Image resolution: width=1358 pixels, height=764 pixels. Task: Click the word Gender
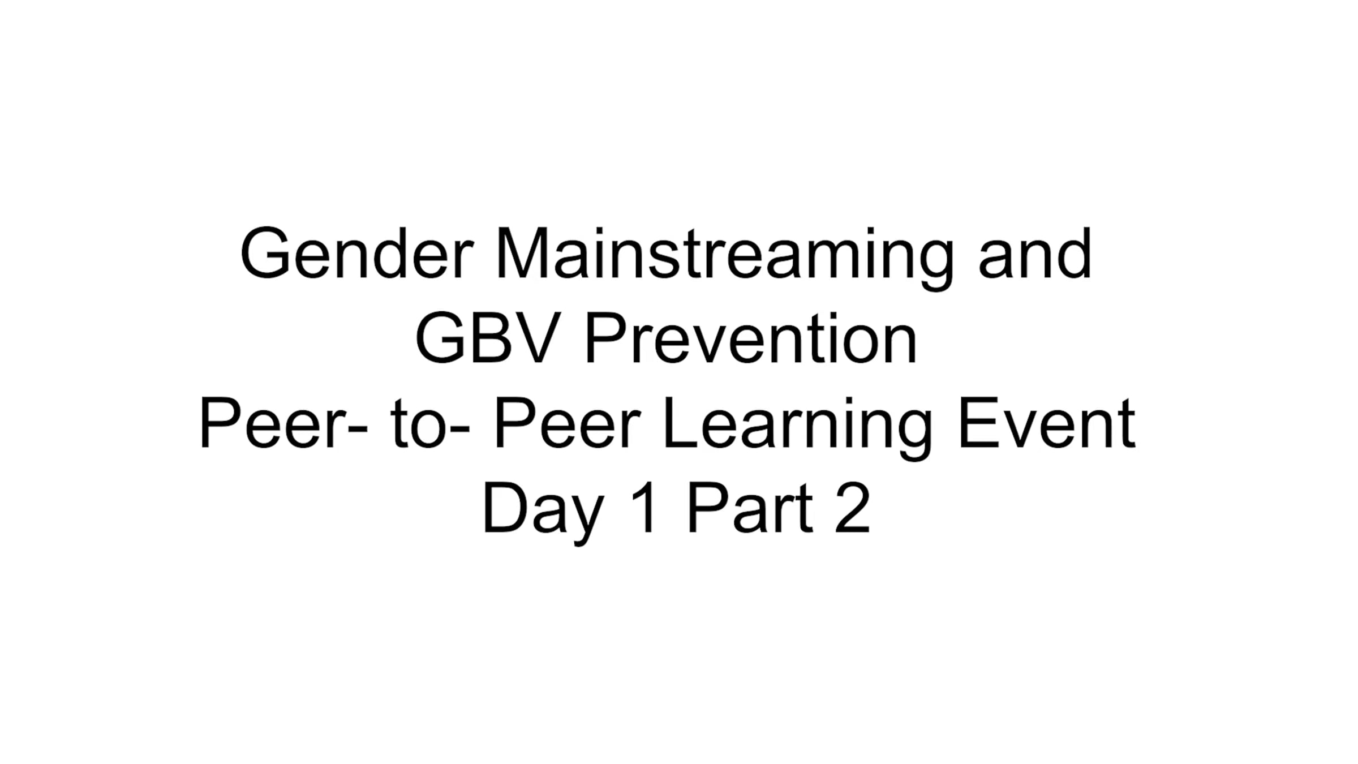point(357,253)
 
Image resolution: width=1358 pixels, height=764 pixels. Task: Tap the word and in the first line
point(1035,253)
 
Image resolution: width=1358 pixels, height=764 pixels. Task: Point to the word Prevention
point(750,338)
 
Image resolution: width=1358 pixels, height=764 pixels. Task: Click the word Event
point(1046,423)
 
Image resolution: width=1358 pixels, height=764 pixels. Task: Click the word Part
point(750,508)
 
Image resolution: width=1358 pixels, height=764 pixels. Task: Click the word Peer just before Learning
point(568,423)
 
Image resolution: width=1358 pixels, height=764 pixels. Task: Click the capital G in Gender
point(265,253)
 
